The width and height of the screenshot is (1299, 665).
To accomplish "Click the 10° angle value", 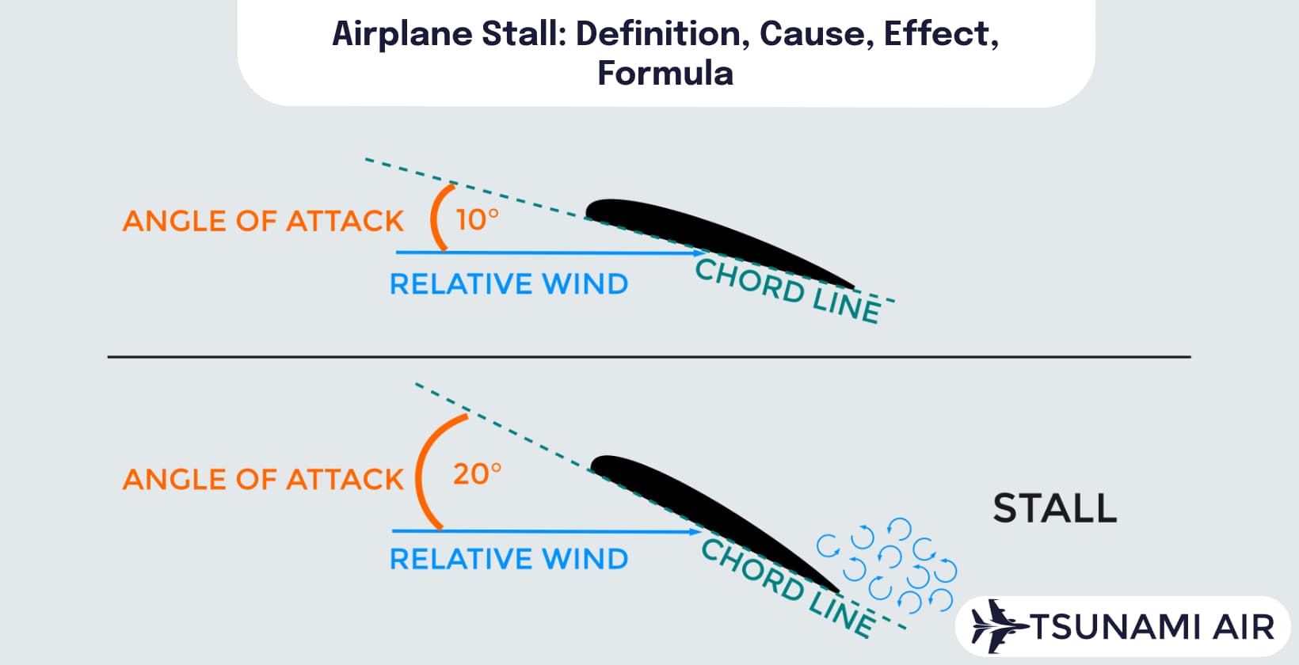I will coord(477,219).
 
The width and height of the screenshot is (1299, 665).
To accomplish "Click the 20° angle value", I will coord(477,474).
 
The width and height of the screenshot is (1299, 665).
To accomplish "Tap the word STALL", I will coord(1054,508).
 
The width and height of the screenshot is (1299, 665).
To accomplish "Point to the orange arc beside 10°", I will coord(436,217).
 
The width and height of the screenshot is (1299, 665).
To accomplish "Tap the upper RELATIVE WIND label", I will coord(509,283).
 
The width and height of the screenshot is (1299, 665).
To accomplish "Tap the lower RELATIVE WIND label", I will coord(509,559).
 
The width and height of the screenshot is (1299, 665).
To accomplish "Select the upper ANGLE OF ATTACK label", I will coord(263,221).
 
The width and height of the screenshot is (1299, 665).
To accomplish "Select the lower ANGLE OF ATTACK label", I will coord(263,479).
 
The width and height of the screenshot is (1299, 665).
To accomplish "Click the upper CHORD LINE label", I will coord(787,291).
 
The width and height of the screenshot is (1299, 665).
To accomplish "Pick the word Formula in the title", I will coord(665,73).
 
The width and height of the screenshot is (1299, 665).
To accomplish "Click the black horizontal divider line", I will coord(649,357).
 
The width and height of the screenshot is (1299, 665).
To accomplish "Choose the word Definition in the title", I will coord(662,33).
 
